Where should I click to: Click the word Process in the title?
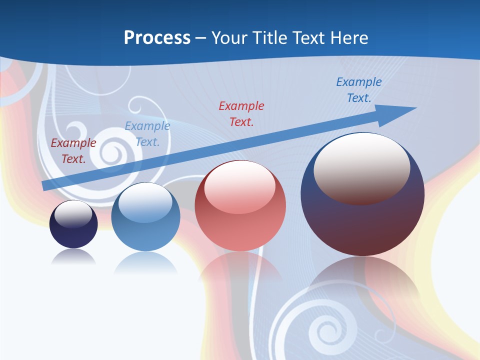[x=157, y=37]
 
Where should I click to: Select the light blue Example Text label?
[x=147, y=134]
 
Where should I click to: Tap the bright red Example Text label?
[x=241, y=113]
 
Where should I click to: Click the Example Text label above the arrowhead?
[x=358, y=90]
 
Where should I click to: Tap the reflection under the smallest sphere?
[x=73, y=257]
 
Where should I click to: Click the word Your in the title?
[x=229, y=37]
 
